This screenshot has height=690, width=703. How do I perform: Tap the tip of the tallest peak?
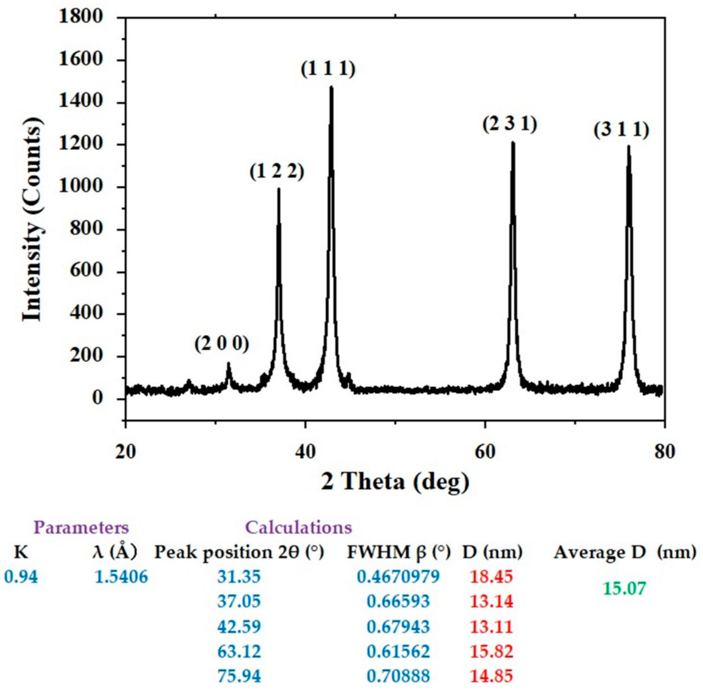point(331,87)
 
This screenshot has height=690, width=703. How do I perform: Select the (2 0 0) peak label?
point(222,344)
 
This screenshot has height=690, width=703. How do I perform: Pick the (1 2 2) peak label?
point(277,172)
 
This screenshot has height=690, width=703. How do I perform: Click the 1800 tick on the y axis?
point(80,17)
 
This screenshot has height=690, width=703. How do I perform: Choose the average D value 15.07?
point(624,589)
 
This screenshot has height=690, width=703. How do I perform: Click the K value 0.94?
point(21,577)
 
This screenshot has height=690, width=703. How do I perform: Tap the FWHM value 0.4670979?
point(398,577)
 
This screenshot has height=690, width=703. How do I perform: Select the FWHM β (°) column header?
point(399,553)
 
